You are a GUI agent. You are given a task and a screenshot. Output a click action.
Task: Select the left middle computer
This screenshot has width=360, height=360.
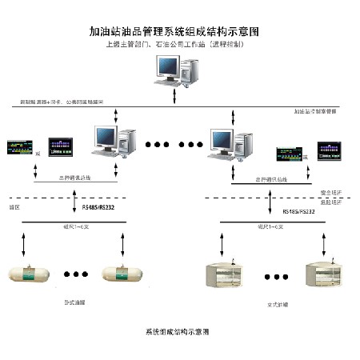[112, 141]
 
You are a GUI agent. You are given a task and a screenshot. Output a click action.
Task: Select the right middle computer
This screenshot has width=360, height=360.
[227, 143]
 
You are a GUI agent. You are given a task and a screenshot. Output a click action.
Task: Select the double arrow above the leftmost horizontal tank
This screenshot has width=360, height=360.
[24, 242]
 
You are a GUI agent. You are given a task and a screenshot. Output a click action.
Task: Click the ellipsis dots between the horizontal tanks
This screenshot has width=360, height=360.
[76, 274]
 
